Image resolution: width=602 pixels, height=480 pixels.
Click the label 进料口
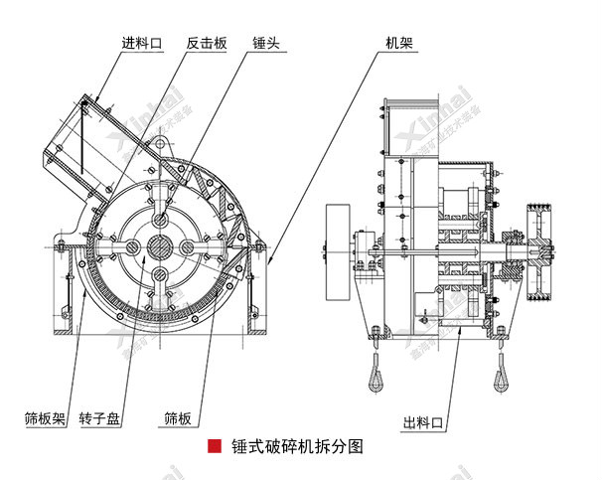tap(141, 43)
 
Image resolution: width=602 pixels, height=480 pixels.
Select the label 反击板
tap(206, 43)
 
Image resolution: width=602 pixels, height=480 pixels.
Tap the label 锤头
tap(266, 43)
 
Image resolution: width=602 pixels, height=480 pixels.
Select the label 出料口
tap(423, 418)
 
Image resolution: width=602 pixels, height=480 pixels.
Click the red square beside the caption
tap(213, 447)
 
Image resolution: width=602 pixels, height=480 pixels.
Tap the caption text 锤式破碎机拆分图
tap(296, 447)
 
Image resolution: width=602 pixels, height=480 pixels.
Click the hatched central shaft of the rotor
tap(158, 246)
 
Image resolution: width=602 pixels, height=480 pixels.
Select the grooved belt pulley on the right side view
tap(541, 249)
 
